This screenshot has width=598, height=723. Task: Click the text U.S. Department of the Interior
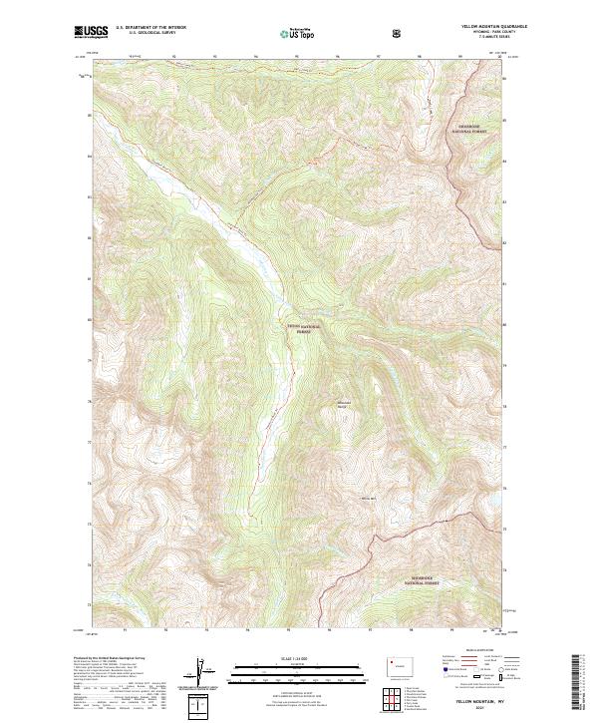[150, 29]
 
